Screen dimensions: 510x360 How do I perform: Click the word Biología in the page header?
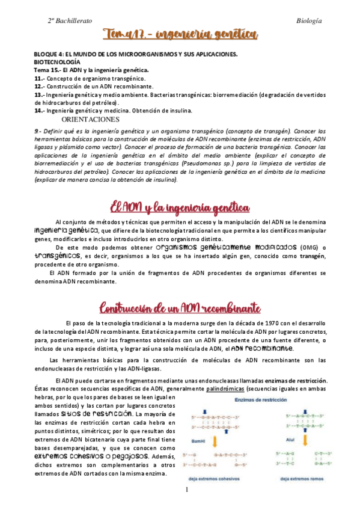point(310,21)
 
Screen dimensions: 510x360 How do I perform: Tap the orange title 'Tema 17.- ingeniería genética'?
point(180,35)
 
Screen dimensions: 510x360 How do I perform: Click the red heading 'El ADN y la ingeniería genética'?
point(179,208)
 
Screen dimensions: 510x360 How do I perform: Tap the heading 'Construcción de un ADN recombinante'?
point(179,308)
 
